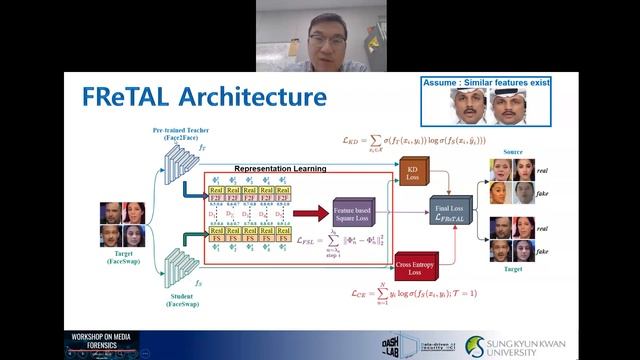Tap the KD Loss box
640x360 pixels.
pos(411,174)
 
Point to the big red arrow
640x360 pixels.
pos(313,211)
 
